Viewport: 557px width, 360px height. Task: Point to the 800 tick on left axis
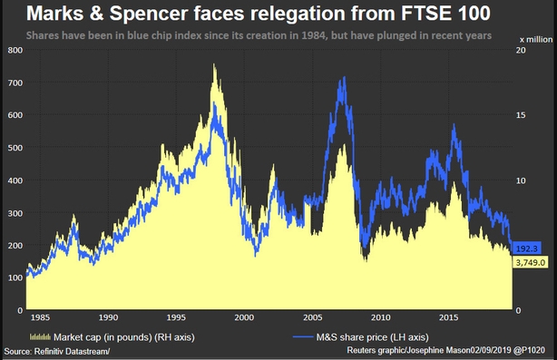[x=14, y=50]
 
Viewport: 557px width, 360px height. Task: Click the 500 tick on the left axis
[x=14, y=148]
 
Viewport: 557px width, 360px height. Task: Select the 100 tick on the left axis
[x=14, y=277]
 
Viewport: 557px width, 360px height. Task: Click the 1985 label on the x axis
[x=41, y=318]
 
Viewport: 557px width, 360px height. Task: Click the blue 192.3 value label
[x=528, y=248]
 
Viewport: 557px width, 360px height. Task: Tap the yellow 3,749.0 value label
[x=530, y=262]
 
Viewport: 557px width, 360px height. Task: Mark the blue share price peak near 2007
[x=343, y=78]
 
